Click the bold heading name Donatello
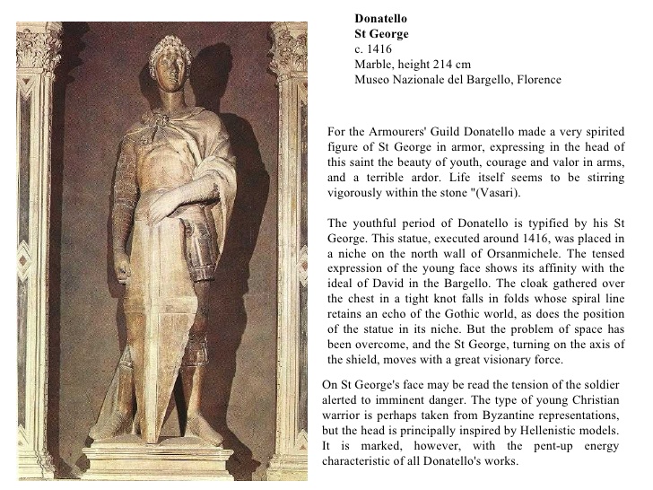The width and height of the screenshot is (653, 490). pyautogui.click(x=381, y=18)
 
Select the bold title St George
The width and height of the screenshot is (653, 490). pyautogui.click(x=381, y=34)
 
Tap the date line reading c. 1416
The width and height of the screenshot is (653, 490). pyautogui.click(x=373, y=49)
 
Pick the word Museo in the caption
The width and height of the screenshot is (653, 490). pyautogui.click(x=373, y=80)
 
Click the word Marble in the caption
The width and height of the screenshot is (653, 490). pyautogui.click(x=373, y=65)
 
